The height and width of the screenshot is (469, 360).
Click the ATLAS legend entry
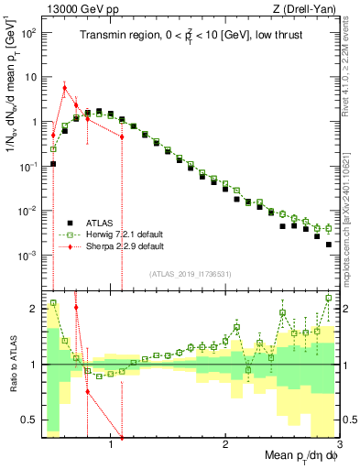tap(100, 221)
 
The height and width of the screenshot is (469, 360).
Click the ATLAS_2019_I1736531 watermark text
tap(191, 273)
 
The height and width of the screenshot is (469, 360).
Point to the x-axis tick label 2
tap(225, 446)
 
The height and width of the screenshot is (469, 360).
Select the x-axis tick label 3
tap(338, 446)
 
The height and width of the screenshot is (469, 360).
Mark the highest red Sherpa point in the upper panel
tap(64, 88)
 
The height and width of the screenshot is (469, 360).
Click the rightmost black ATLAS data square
tap(328, 245)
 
